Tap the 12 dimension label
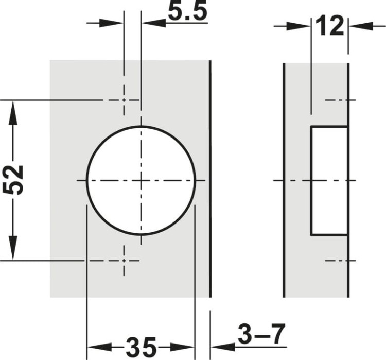click(329, 26)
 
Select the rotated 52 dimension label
click(13, 180)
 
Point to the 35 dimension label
click(141, 348)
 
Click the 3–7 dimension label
click(261, 334)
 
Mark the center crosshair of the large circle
click(141, 181)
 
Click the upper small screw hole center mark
click(124, 100)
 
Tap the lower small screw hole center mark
click(124, 261)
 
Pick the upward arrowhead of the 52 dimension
click(13, 113)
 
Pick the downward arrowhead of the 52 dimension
click(13, 248)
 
